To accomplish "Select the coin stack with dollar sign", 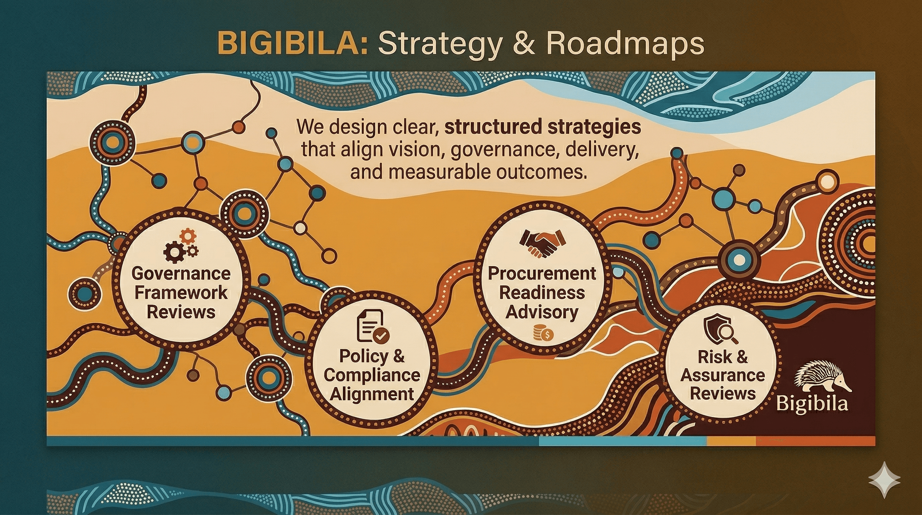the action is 543,333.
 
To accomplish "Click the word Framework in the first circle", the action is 181,292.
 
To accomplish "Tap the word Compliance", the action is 372,375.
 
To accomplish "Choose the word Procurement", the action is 542,273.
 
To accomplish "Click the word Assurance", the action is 723,375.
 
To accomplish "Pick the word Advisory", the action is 542,312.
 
